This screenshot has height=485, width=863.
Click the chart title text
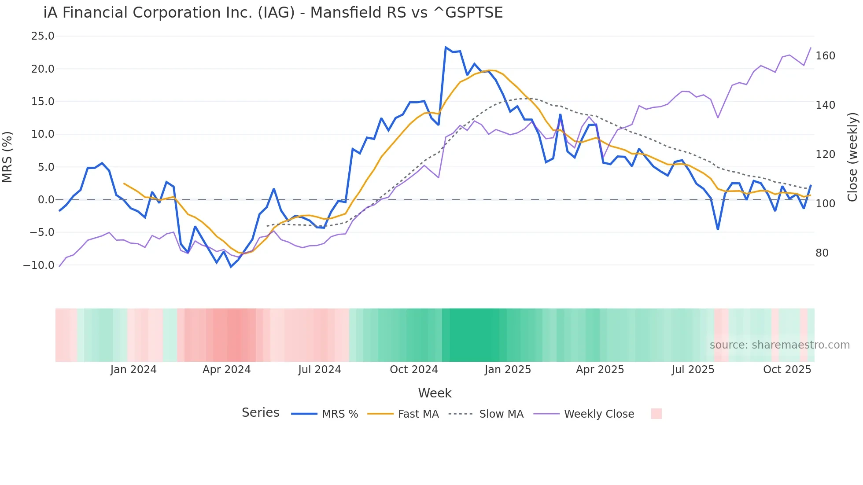click(273, 13)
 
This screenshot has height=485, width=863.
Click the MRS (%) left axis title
click(7, 157)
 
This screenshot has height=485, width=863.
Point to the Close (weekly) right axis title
click(852, 157)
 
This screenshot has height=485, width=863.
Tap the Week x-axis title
click(435, 393)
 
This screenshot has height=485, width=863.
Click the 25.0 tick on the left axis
click(43, 36)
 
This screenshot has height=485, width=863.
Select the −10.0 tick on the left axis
click(39, 265)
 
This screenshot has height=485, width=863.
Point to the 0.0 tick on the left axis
click(46, 200)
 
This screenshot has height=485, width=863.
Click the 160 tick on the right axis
click(825, 56)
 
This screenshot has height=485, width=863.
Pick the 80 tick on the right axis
click(822, 253)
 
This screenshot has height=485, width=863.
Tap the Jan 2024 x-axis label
click(133, 370)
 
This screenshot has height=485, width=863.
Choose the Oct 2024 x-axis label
click(414, 370)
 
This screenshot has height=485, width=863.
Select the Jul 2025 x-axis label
click(693, 370)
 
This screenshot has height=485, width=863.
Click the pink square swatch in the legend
click(656, 414)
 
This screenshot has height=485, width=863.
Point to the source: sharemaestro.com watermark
click(779, 345)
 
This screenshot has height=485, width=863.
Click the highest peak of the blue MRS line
click(446, 47)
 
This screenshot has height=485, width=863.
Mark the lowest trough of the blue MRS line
click(231, 267)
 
